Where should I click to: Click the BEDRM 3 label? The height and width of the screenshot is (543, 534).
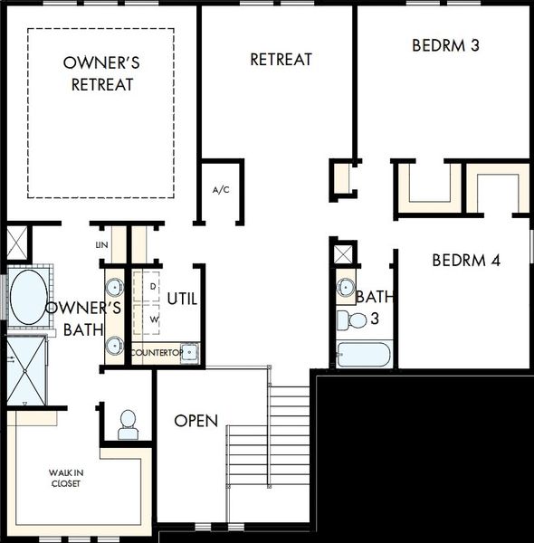pyautogui.click(x=445, y=45)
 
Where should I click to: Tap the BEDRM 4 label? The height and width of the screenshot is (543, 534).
pyautogui.click(x=466, y=261)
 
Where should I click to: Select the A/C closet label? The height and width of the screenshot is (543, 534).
pyautogui.click(x=221, y=190)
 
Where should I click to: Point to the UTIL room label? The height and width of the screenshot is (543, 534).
pyautogui.click(x=182, y=299)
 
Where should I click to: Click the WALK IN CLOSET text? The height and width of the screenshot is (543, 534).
pyautogui.click(x=66, y=478)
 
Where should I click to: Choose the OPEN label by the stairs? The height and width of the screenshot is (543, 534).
pyautogui.click(x=196, y=421)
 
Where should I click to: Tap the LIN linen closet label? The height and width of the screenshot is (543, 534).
pyautogui.click(x=101, y=245)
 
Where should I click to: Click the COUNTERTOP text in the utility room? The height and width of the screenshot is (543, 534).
pyautogui.click(x=157, y=353)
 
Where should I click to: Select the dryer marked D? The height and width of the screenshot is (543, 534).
pyautogui.click(x=146, y=286)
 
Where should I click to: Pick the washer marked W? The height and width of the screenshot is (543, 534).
pyautogui.click(x=146, y=319)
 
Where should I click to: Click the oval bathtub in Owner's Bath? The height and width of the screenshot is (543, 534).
pyautogui.click(x=29, y=297)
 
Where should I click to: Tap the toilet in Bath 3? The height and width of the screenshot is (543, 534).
pyautogui.click(x=351, y=319)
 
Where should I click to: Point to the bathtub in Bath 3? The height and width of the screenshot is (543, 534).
pyautogui.click(x=363, y=355)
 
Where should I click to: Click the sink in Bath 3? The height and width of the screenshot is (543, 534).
pyautogui.click(x=345, y=287)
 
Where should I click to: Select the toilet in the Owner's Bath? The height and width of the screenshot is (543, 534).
pyautogui.click(x=129, y=424)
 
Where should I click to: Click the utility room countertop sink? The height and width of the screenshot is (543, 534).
pyautogui.click(x=189, y=353)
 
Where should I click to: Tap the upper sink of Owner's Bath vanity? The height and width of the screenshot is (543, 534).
pyautogui.click(x=115, y=287)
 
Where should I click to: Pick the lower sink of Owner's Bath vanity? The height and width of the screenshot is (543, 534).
pyautogui.click(x=115, y=346)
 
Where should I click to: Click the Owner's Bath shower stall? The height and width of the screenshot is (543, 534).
pyautogui.click(x=26, y=371)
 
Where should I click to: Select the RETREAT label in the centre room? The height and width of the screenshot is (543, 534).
pyautogui.click(x=281, y=59)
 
